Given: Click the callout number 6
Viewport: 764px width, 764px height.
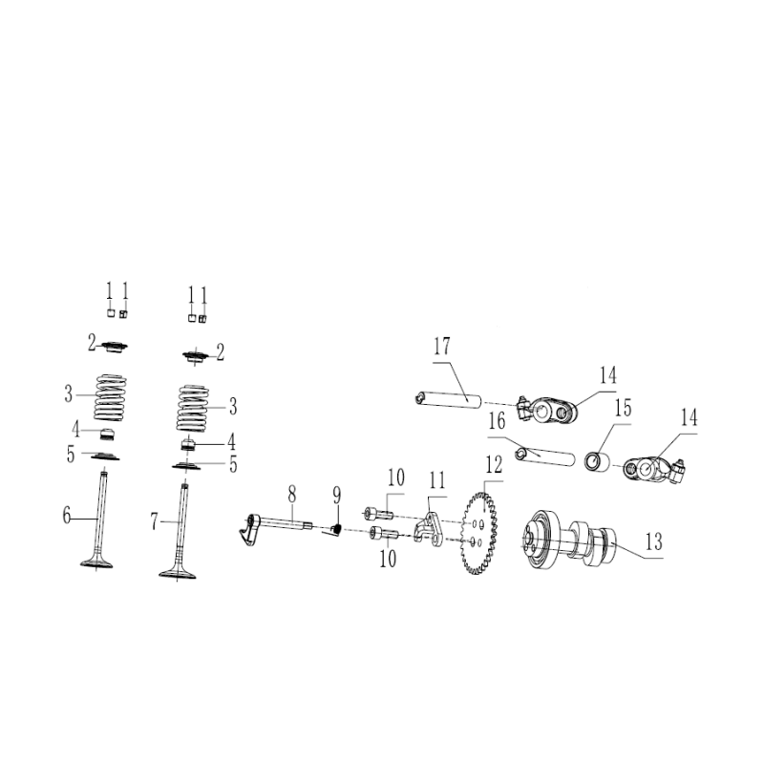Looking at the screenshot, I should tap(67, 517).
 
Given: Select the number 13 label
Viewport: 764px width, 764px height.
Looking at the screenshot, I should tap(653, 542).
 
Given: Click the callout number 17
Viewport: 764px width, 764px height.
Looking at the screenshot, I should tap(441, 347).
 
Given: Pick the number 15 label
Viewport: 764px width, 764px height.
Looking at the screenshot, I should tap(623, 408).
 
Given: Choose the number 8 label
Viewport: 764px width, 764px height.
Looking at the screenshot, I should tap(292, 493).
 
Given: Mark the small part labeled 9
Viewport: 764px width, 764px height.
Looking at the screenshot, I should tap(335, 527).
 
